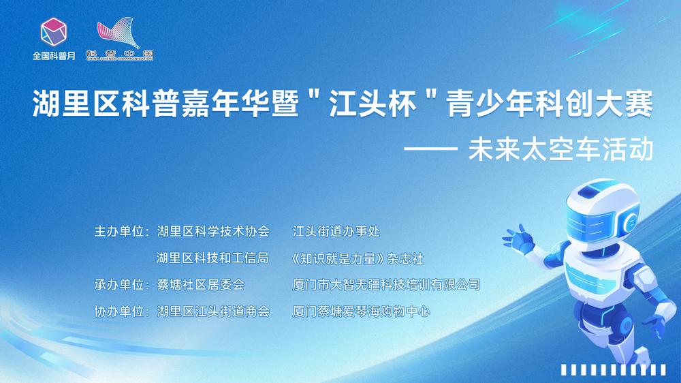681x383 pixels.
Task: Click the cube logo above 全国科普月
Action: point(53,32)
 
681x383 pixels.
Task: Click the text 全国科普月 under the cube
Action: point(54,56)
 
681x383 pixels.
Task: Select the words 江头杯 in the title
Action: point(373,104)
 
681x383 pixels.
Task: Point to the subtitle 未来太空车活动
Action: point(560,149)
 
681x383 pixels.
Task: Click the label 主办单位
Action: point(119,231)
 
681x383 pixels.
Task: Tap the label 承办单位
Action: point(119,285)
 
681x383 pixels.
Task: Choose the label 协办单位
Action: point(119,311)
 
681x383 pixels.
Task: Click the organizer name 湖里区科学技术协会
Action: point(213,231)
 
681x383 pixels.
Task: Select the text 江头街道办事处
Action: point(336,231)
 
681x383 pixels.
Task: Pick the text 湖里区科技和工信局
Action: point(212,258)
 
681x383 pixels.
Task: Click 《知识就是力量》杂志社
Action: point(357,259)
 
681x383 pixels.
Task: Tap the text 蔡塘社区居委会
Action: point(201,285)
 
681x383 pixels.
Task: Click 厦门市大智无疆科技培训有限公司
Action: point(387,285)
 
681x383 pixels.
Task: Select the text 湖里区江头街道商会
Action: point(213,311)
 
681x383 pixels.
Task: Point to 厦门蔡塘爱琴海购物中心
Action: point(362,311)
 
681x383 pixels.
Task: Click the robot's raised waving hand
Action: point(518,239)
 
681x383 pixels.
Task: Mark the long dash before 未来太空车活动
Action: point(431,149)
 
